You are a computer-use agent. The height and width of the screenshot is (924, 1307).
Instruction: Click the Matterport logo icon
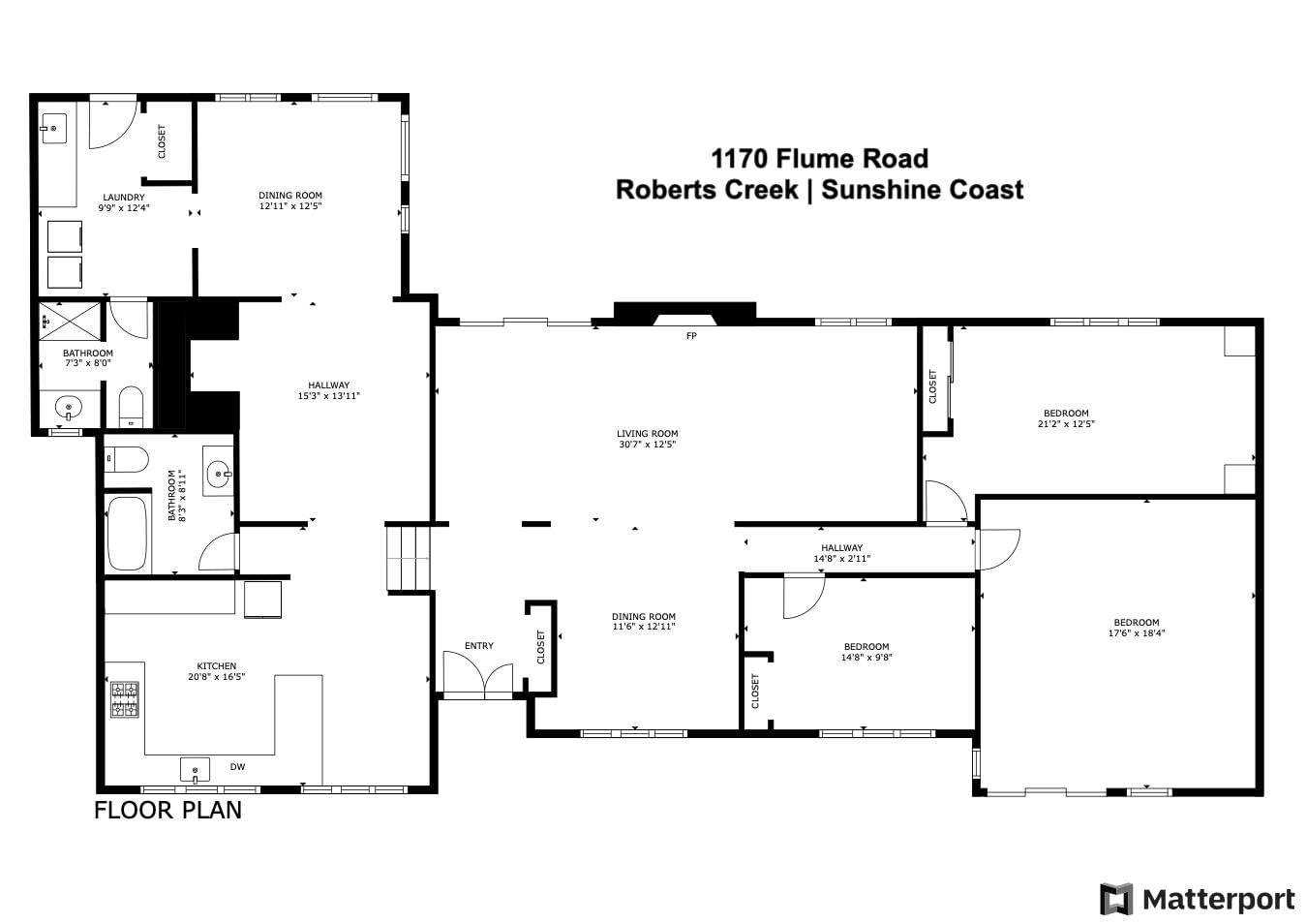point(1115,899)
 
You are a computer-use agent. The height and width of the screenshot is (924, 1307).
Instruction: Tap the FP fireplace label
point(691,336)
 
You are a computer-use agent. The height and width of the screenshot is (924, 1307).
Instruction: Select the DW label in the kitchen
point(237,766)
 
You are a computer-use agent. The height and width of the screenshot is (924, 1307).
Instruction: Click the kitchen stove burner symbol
point(125,699)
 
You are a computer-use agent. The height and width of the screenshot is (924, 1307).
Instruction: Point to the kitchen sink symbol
point(195,771)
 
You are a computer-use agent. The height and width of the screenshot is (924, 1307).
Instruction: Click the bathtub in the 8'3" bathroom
point(127,533)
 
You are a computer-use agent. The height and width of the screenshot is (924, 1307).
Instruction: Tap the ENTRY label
point(479,646)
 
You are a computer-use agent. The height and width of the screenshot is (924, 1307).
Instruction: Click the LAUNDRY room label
point(124,198)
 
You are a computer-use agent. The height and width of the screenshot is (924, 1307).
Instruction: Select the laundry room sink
point(53,129)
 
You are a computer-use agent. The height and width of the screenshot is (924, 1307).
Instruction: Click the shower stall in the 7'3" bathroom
point(70,322)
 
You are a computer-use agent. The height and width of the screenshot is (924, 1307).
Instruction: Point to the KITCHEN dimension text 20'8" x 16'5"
point(217,676)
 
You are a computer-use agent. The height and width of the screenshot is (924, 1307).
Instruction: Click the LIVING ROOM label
point(647,433)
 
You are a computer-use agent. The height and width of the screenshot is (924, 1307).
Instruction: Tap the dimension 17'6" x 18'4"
point(1137,632)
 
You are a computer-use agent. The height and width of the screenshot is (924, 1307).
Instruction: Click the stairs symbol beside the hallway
point(409,558)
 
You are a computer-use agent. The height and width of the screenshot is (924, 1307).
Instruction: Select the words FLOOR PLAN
point(168,810)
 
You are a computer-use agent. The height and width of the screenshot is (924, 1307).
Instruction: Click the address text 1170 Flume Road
point(820,159)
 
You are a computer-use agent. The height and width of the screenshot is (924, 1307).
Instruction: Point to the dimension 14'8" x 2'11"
point(842,558)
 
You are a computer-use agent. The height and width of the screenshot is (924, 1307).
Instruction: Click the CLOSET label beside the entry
point(540,647)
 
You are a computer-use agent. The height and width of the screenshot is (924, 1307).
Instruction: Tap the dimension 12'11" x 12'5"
point(290,206)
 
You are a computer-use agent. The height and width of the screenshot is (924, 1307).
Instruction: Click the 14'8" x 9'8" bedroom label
point(866,652)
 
